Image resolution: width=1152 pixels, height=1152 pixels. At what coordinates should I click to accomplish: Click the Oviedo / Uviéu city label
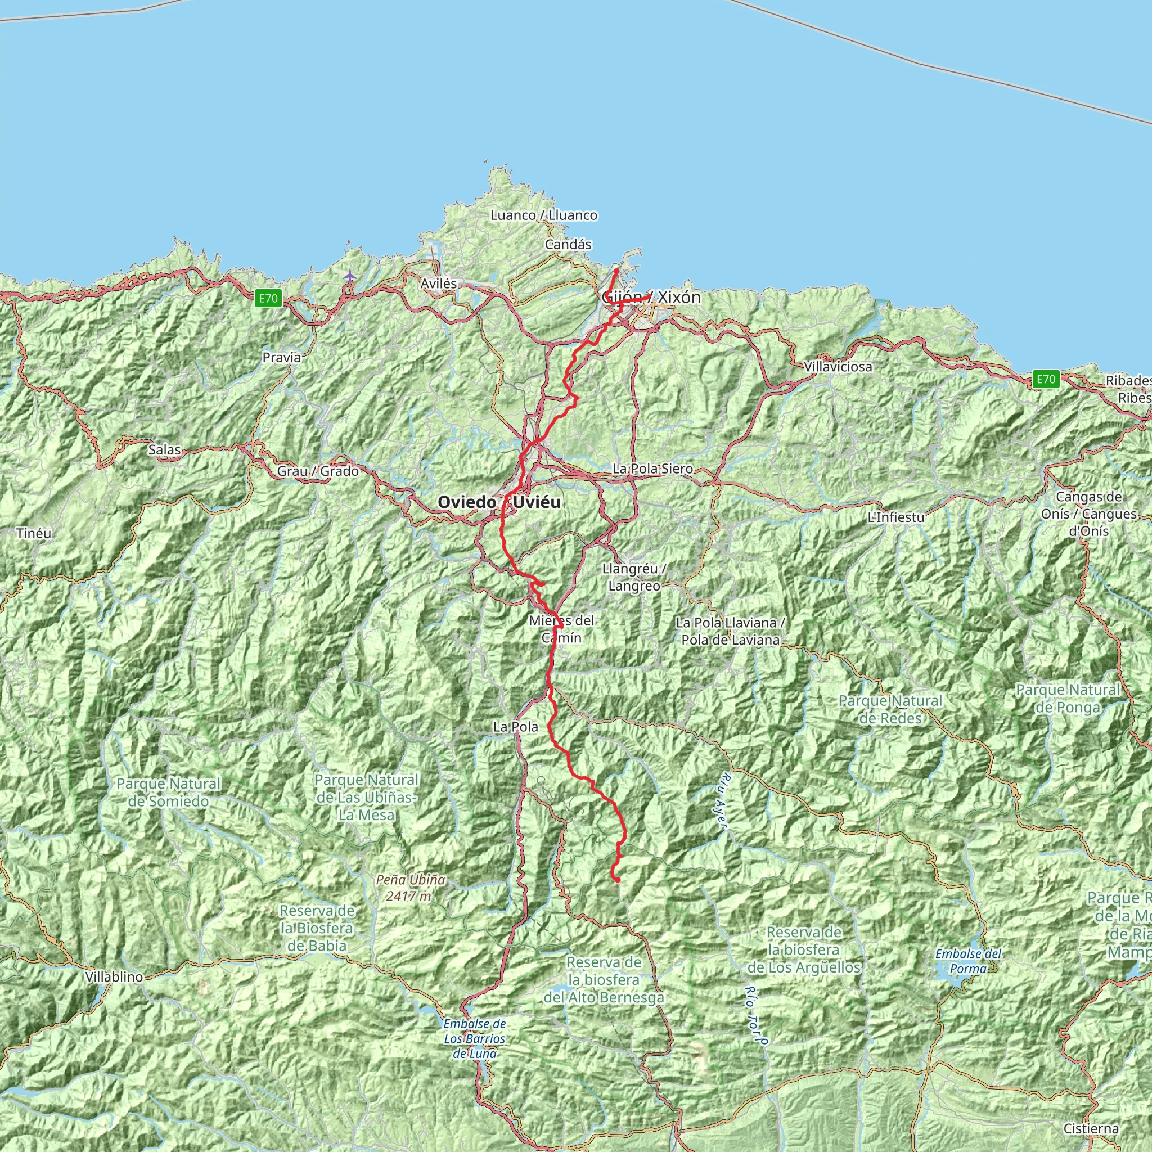click(498, 502)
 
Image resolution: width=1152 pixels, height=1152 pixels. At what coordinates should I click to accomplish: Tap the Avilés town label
click(439, 284)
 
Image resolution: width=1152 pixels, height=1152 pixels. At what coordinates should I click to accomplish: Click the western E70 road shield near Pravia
click(268, 298)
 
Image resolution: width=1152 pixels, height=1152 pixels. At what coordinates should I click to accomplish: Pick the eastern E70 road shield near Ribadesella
click(1046, 379)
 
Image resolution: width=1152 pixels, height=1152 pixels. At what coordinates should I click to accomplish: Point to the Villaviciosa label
click(838, 367)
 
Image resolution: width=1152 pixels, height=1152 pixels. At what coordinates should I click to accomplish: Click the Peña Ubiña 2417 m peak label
click(411, 887)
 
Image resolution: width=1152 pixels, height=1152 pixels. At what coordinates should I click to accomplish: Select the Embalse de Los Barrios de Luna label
click(475, 1038)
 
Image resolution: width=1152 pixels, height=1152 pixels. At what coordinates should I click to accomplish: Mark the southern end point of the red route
click(618, 880)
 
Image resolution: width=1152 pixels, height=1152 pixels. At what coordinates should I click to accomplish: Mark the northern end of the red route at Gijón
click(616, 271)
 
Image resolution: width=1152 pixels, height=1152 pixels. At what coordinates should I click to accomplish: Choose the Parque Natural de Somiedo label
click(169, 792)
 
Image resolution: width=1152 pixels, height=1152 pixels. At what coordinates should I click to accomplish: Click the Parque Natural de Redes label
click(890, 709)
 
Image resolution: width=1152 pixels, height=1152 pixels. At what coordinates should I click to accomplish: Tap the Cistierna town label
click(1091, 1128)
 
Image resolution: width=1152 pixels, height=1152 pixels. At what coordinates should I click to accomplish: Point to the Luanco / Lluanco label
click(544, 215)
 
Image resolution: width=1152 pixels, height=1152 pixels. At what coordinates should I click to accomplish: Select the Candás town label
click(568, 245)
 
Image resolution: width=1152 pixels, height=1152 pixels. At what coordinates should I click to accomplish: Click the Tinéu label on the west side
click(34, 533)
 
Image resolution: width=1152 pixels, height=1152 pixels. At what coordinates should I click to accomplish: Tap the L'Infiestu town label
click(895, 517)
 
